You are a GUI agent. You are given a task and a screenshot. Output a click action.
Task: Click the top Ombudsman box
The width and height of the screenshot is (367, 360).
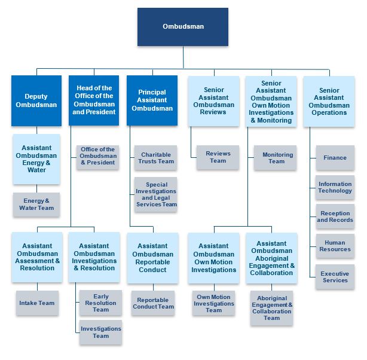tap(182, 27)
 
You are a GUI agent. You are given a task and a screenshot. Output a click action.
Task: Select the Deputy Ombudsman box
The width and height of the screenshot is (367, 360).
tap(36, 100)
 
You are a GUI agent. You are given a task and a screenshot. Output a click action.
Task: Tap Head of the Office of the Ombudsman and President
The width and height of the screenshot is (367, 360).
tap(94, 100)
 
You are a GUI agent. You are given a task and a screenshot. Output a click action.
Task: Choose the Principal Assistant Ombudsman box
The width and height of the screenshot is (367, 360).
tap(152, 100)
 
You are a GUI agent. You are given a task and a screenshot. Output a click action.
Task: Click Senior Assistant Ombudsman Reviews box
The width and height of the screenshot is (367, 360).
tap(213, 100)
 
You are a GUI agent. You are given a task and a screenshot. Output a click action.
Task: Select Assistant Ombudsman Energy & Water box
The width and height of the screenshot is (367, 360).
tap(36, 158)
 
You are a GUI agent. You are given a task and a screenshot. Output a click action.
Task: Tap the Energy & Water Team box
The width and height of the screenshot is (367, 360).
tap(36, 205)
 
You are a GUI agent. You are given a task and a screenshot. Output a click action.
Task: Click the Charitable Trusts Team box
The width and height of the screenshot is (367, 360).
tap(156, 158)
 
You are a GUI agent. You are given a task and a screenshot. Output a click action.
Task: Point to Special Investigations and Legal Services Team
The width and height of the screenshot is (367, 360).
tap(156, 194)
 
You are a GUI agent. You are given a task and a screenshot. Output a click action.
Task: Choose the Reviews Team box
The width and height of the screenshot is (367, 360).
tap(218, 157)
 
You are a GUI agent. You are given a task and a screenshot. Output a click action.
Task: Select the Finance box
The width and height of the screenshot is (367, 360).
tap(335, 158)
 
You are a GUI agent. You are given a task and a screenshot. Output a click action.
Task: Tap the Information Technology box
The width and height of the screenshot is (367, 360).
tap(335, 187)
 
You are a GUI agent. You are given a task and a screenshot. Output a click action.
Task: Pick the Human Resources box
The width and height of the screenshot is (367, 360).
tap(335, 246)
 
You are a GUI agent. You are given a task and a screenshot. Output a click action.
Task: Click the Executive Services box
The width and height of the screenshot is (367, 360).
tap(335, 277)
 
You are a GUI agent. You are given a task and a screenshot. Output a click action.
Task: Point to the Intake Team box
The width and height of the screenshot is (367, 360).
tap(37, 303)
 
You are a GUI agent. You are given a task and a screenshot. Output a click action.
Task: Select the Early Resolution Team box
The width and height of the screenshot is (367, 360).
tap(100, 302)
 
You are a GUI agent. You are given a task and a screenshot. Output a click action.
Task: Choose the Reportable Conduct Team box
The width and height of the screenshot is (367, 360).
tap(155, 303)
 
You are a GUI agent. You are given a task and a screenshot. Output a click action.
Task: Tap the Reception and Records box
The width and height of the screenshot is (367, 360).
tap(335, 216)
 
